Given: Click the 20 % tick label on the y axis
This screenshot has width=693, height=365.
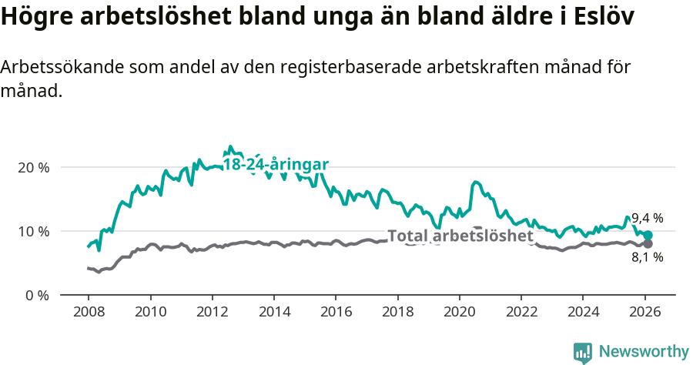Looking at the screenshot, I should pyautogui.click(x=32, y=167).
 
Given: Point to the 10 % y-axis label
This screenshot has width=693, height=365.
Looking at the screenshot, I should pyautogui.click(x=32, y=231).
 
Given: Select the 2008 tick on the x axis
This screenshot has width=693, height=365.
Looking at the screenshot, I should pyautogui.click(x=88, y=313).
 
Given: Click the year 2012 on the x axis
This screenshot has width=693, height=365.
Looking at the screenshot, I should pyautogui.click(x=212, y=313).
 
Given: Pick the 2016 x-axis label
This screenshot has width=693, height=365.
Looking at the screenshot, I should pyautogui.click(x=335, y=313).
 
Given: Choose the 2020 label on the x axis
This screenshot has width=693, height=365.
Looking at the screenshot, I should pyautogui.click(x=459, y=313).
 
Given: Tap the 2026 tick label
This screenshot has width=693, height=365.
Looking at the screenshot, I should pyautogui.click(x=644, y=313).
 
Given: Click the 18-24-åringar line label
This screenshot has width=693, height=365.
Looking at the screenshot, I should pyautogui.click(x=276, y=165).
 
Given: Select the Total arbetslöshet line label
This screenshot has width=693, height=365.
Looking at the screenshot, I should pyautogui.click(x=460, y=236).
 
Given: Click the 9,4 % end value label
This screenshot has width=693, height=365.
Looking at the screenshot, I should pyautogui.click(x=647, y=218).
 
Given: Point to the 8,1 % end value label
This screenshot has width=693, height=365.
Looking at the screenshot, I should pyautogui.click(x=647, y=257).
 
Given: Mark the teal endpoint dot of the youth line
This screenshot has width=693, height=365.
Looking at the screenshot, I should pyautogui.click(x=648, y=236).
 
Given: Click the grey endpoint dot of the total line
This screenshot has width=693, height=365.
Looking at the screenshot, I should pyautogui.click(x=648, y=244).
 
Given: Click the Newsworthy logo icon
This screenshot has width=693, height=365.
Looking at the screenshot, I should pyautogui.click(x=582, y=352).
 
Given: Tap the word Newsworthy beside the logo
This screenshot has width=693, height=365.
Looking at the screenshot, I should pyautogui.click(x=643, y=352).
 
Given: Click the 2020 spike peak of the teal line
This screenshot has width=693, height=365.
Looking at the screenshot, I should pyautogui.click(x=475, y=182).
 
